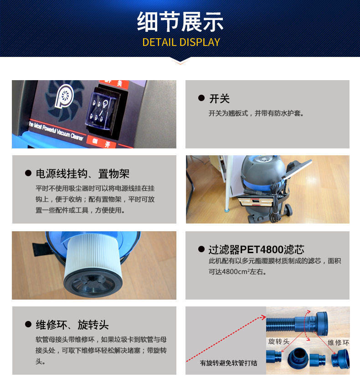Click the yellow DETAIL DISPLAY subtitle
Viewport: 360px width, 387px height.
(181, 42)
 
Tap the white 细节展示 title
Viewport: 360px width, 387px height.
(180, 22)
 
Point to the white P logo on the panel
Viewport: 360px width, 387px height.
(64, 96)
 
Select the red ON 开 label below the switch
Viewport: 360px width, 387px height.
(101, 143)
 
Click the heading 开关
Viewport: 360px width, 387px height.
(219, 99)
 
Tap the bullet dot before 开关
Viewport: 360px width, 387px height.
(201, 98)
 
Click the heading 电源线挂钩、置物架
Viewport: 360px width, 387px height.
(82, 174)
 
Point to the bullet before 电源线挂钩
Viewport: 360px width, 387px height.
(28, 173)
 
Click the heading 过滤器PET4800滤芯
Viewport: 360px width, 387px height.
(256, 250)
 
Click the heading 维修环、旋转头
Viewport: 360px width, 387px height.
(72, 325)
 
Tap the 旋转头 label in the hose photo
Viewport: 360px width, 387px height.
(279, 341)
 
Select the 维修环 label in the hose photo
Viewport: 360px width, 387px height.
(339, 342)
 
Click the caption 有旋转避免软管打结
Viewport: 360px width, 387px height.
(229, 363)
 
